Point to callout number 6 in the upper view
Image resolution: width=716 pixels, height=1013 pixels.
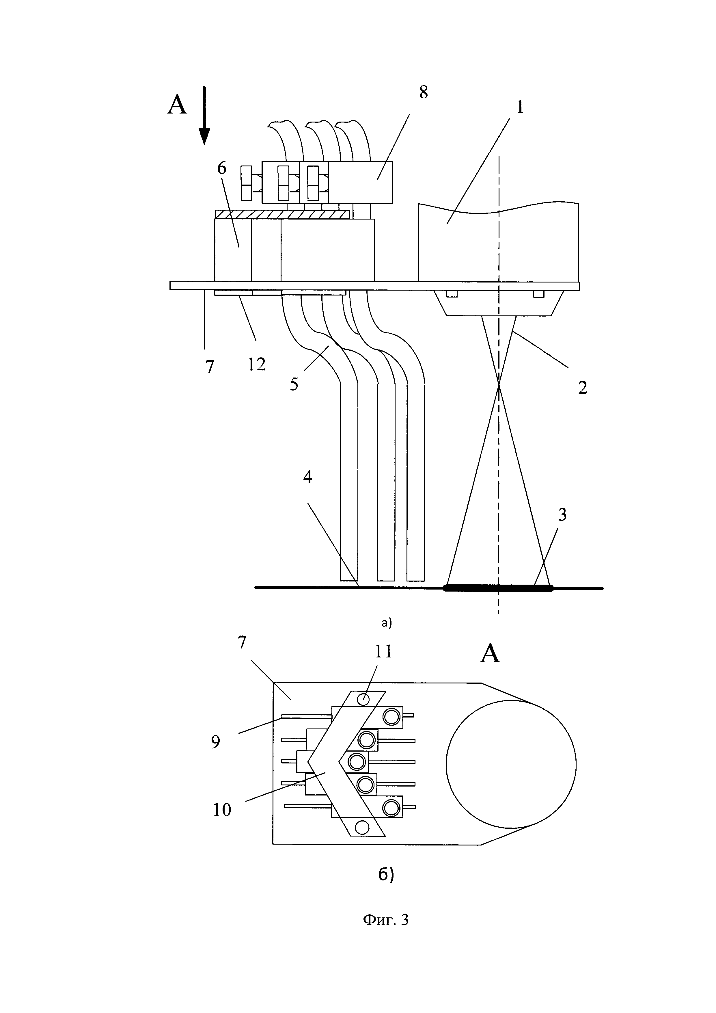[221, 168]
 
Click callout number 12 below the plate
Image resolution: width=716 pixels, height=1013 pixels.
[257, 365]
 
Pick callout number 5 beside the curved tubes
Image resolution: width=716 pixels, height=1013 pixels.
[294, 384]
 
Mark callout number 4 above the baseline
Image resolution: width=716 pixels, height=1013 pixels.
[308, 477]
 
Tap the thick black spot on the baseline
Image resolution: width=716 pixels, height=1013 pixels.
[499, 588]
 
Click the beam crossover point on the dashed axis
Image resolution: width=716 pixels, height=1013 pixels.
[499, 385]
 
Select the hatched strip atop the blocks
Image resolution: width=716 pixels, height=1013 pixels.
[282, 214]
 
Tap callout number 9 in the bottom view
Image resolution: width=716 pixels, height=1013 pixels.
[215, 742]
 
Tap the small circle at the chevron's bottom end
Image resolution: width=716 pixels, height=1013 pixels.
[362, 827]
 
